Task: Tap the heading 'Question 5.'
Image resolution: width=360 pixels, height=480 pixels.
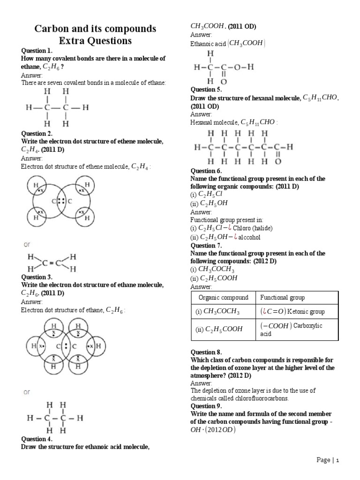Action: pos(206,89)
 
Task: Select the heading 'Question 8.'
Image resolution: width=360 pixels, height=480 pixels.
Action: pos(206,352)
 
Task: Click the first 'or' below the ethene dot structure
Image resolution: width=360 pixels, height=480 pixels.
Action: pos(28,245)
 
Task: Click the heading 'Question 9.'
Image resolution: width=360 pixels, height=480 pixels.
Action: pos(206,406)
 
